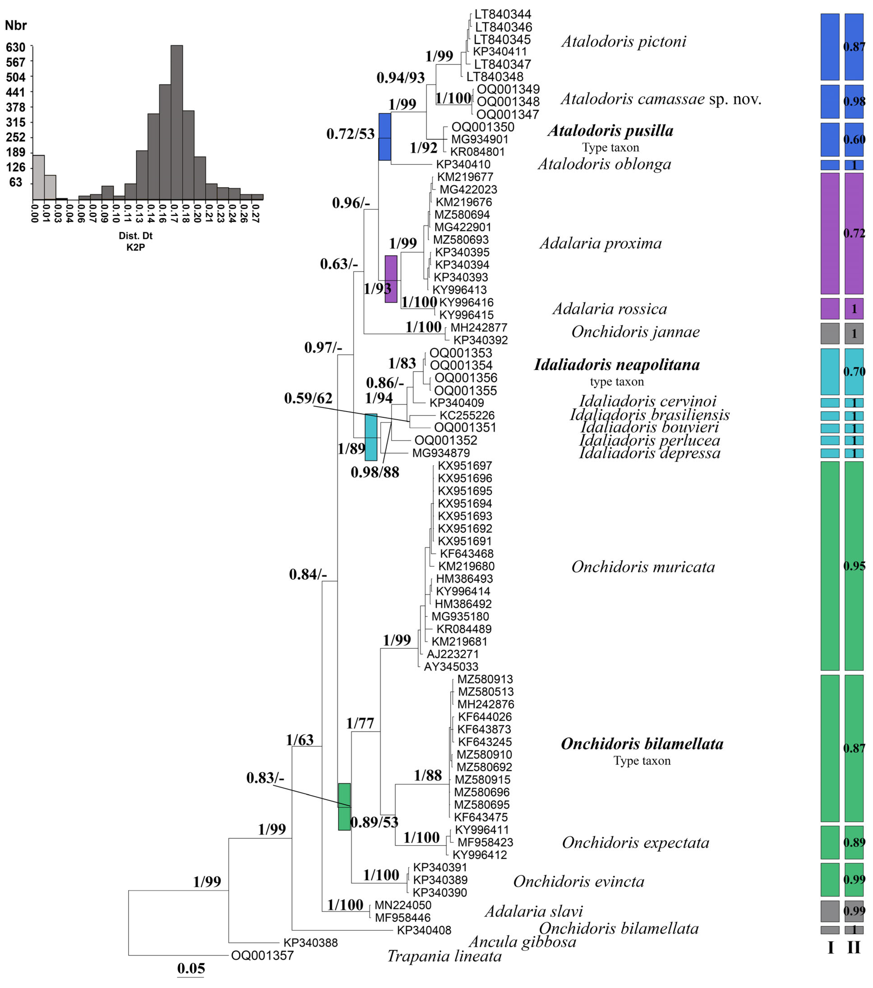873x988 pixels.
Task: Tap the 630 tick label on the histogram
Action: click(x=16, y=47)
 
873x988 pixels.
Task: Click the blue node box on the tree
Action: click(x=385, y=137)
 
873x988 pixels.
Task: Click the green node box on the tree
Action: click(x=344, y=807)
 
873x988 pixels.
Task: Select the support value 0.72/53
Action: click(x=350, y=134)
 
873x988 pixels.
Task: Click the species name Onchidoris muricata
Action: click(x=643, y=567)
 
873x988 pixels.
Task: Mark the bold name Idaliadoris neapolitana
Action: click(x=617, y=364)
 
